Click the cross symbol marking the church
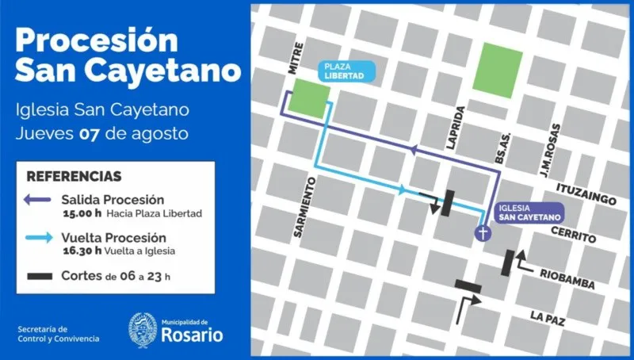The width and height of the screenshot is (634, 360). [480, 232]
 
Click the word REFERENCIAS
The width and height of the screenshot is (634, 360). [74, 176]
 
